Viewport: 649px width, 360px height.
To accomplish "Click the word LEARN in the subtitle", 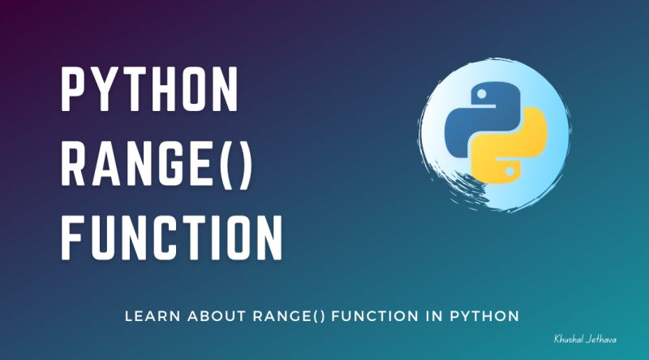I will click(149, 314).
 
